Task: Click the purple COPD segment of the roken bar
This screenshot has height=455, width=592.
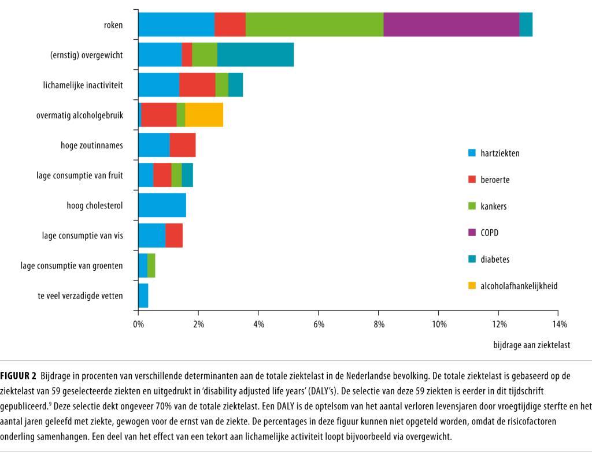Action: (x=451, y=24)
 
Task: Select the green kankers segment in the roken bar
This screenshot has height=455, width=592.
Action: (x=314, y=24)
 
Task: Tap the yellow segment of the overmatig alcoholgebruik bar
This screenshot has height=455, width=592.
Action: (x=204, y=114)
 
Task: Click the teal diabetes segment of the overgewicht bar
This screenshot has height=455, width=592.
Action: (x=255, y=54)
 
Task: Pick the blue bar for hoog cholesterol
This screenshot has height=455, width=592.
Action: (x=162, y=205)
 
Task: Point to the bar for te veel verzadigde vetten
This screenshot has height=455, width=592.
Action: (x=143, y=295)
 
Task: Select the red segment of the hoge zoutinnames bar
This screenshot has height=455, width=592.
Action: (x=183, y=145)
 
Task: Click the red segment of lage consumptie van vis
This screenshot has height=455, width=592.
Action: (x=174, y=235)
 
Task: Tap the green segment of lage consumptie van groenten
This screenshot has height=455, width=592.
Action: (x=151, y=265)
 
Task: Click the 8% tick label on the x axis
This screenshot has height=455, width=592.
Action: (x=378, y=325)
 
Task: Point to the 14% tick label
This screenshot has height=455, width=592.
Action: (x=559, y=325)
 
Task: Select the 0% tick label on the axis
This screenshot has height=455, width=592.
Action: (x=138, y=325)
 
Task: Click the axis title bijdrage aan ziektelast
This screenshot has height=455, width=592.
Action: (x=531, y=345)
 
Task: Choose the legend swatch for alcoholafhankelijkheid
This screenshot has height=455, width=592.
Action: (x=471, y=285)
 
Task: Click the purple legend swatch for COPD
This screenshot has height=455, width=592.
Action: (x=471, y=233)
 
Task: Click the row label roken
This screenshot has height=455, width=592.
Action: (x=113, y=25)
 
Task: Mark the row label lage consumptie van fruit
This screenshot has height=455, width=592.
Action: (x=80, y=175)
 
